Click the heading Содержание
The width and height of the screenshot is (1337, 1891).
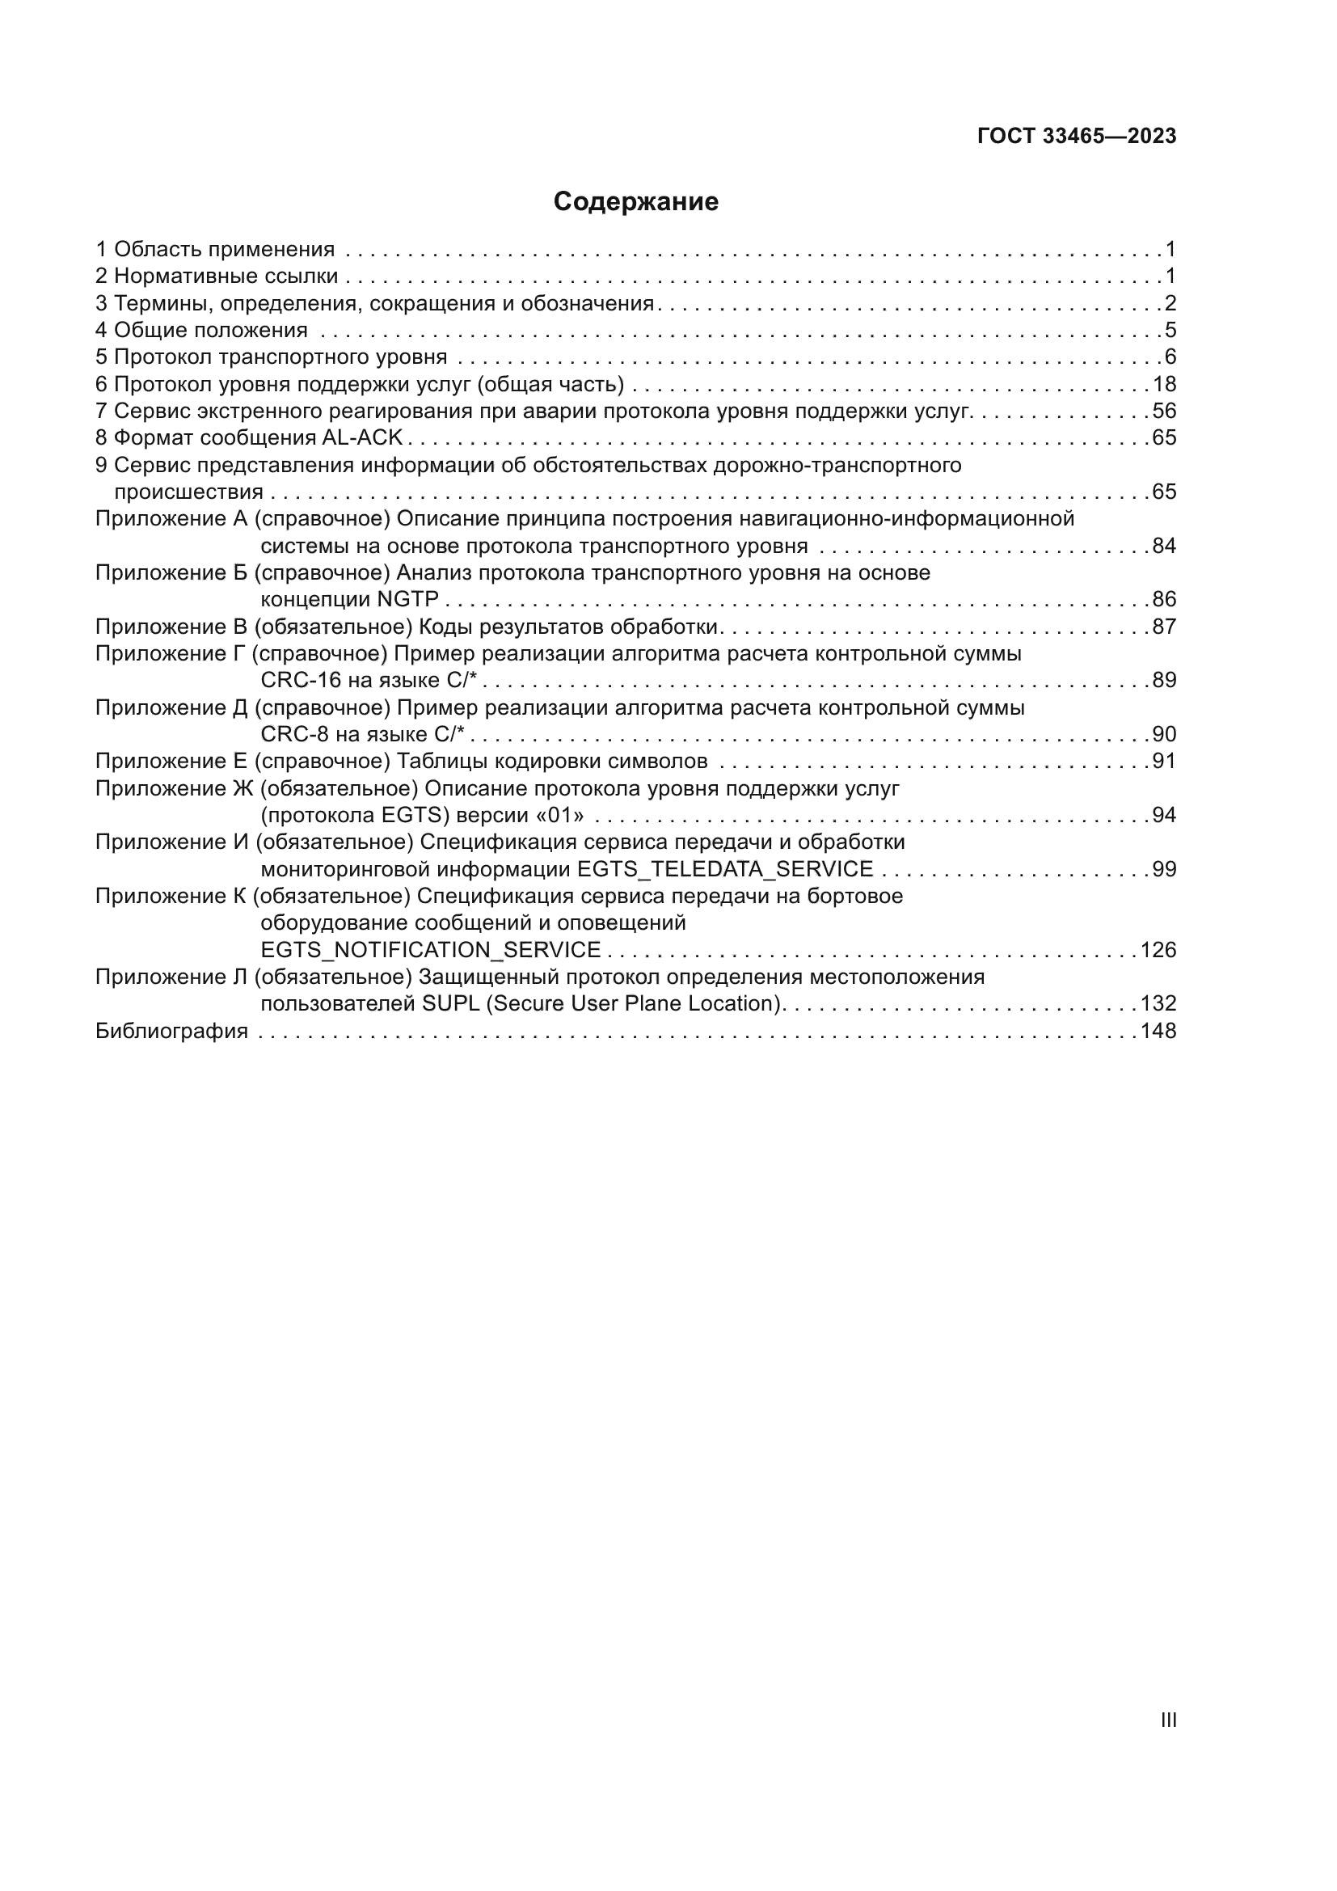tap(635, 202)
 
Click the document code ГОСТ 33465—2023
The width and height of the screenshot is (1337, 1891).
tap(1077, 137)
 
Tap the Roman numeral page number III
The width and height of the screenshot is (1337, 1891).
tap(1167, 1720)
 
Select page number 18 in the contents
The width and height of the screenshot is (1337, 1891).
tap(1164, 385)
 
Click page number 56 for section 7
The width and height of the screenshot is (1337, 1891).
tap(1164, 411)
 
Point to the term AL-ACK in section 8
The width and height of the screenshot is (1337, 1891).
tap(362, 438)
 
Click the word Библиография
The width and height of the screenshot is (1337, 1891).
tap(171, 1031)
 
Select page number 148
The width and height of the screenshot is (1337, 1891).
tap(1158, 1031)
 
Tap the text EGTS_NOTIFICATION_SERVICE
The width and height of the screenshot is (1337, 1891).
tap(431, 951)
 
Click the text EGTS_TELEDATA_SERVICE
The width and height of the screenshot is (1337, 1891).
tap(725, 870)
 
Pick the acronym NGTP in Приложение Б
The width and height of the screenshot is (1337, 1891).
tap(407, 600)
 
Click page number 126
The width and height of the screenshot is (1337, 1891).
tap(1158, 951)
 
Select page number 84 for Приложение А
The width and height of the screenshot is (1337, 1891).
tap(1164, 546)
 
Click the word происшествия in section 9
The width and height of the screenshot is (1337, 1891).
tap(188, 492)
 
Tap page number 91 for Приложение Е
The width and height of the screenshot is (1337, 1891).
tap(1164, 761)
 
